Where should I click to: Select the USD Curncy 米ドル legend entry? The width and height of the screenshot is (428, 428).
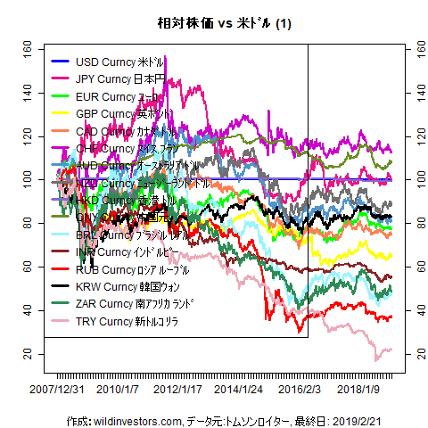pyautogui.click(x=120, y=62)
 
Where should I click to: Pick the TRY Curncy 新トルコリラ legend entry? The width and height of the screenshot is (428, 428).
pyautogui.click(x=127, y=320)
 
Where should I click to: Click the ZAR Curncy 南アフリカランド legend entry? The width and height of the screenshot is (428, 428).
pyautogui.click(x=135, y=303)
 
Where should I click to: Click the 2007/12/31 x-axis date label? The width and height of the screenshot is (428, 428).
pyautogui.click(x=57, y=389)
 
